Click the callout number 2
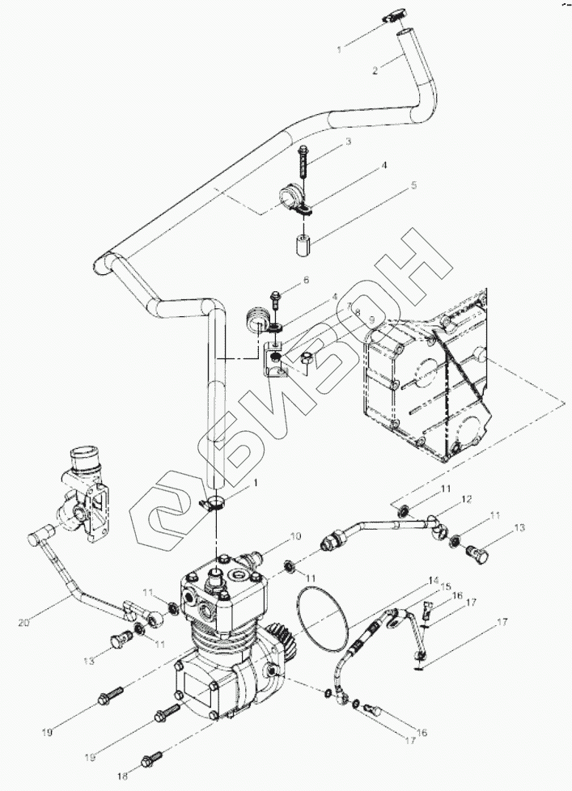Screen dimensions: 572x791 [375, 71]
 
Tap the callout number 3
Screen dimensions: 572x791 [348, 142]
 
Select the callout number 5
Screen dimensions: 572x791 [413, 186]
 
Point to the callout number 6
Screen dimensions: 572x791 [306, 280]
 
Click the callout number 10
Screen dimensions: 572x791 [295, 537]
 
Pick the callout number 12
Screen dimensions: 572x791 [467, 500]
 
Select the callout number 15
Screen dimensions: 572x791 [446, 586]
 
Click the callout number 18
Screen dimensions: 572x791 [123, 777]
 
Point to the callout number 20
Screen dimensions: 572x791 [23, 624]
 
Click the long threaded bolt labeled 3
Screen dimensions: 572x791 [303, 162]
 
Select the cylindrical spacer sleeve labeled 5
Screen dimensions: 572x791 [302, 243]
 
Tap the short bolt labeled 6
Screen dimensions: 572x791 [276, 299]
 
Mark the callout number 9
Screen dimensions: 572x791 [371, 319]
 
